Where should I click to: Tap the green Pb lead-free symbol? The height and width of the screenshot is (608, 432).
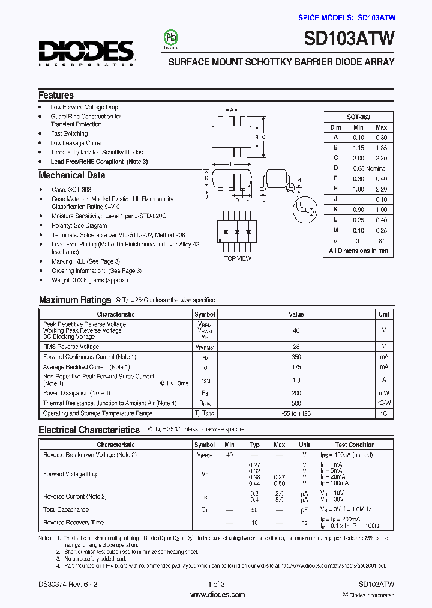click(x=172, y=37)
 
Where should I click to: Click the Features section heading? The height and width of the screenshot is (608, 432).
click(x=56, y=95)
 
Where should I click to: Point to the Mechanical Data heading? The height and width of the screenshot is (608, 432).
click(x=71, y=175)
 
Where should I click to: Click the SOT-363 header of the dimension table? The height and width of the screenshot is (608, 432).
click(x=358, y=117)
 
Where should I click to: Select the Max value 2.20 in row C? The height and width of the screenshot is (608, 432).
click(x=381, y=158)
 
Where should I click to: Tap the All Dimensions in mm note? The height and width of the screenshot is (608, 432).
click(x=358, y=251)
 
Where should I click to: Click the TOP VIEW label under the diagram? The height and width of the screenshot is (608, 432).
click(x=238, y=258)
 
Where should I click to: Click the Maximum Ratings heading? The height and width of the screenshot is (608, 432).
click(x=75, y=300)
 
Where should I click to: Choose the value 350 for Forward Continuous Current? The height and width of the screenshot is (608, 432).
click(x=296, y=357)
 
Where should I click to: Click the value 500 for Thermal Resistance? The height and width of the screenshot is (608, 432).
click(x=296, y=403)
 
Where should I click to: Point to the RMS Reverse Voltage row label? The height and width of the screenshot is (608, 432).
click(x=71, y=347)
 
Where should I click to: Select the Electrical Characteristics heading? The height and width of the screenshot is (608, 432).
click(x=89, y=430)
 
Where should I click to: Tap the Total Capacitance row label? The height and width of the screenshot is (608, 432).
click(x=66, y=509)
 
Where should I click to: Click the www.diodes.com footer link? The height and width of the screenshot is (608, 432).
click(x=217, y=595)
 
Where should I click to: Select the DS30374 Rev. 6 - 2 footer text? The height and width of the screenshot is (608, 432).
click(x=67, y=584)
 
